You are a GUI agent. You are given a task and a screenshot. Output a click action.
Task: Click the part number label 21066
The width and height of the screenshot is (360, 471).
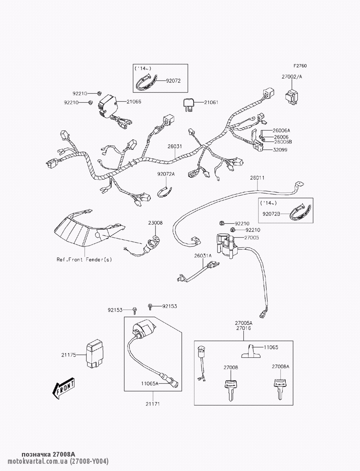(134, 102)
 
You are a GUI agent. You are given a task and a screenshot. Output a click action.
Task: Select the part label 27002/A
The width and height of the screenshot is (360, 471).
(292, 77)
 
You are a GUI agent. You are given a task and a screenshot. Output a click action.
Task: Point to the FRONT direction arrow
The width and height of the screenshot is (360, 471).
(64, 389)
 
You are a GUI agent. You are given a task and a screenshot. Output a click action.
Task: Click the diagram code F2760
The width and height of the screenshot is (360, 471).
(300, 66)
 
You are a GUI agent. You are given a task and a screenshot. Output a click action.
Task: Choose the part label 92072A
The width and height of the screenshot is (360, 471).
(166, 174)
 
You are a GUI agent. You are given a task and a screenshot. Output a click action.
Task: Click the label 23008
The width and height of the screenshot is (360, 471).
(155, 223)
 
